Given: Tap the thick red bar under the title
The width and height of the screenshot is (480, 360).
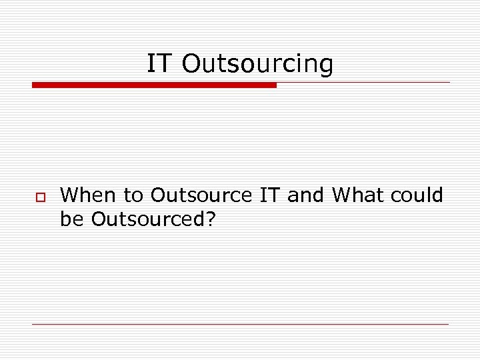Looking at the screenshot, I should [154, 85].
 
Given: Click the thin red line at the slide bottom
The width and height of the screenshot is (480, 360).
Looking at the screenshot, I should [240, 324].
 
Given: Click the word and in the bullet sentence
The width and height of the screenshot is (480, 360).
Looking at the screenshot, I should [307, 195].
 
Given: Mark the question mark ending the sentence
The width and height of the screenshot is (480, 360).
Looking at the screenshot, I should [211, 218].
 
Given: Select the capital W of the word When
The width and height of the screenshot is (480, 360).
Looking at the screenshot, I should [69, 195].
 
